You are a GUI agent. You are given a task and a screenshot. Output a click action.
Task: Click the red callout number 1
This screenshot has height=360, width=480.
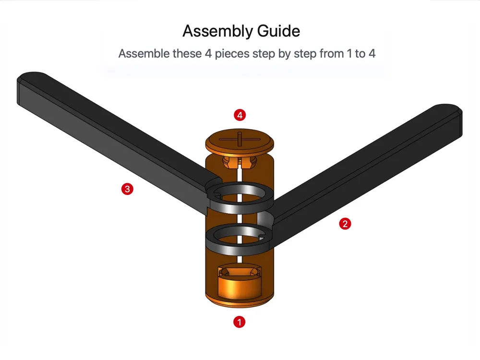click(239, 322)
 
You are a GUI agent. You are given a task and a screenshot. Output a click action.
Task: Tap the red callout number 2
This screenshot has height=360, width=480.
click(345, 224)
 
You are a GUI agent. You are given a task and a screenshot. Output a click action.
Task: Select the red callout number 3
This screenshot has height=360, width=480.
click(127, 189)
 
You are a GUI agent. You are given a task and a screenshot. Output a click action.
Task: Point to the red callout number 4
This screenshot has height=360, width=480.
click(240, 115)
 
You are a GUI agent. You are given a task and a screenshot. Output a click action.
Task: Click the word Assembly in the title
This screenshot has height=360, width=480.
click(217, 31)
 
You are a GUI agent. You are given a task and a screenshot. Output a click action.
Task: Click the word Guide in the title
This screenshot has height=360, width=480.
click(278, 31)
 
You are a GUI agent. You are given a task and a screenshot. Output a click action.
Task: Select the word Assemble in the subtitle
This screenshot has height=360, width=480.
click(144, 54)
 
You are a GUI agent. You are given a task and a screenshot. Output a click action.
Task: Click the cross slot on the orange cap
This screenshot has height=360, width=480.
click(240, 139)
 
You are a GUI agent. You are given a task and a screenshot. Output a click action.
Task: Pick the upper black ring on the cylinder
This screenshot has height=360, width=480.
click(240, 208)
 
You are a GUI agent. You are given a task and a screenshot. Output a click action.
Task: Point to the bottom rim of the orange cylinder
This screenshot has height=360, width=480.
click(240, 302)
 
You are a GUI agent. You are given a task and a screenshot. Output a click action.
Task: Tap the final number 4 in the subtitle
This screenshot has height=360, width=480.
click(372, 54)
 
